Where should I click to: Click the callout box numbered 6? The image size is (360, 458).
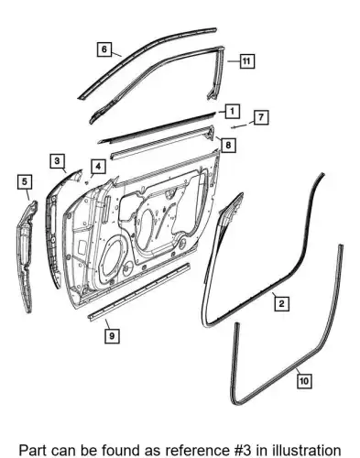pyautogui.click(x=104, y=49)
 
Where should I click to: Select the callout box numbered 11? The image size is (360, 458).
pyautogui.click(x=246, y=61)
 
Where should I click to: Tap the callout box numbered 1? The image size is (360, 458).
pyautogui.click(x=232, y=111)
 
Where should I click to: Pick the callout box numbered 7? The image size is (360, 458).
pyautogui.click(x=261, y=117)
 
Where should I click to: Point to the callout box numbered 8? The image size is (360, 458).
pyautogui.click(x=228, y=145)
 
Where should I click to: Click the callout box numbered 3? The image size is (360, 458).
pyautogui.click(x=58, y=160)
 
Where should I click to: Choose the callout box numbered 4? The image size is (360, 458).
pyautogui.click(x=98, y=167)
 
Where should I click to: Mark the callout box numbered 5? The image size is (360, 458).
pyautogui.click(x=25, y=181)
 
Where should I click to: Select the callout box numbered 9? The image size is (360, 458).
pyautogui.click(x=112, y=336)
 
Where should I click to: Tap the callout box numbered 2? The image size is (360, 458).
pyautogui.click(x=281, y=303)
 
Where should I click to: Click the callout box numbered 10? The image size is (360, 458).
pyautogui.click(x=304, y=381)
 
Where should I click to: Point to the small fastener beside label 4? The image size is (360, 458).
pyautogui.click(x=86, y=182)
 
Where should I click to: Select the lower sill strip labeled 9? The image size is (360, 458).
pyautogui.click(x=139, y=291)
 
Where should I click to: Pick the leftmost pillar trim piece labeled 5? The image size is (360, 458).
pyautogui.click(x=27, y=256)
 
